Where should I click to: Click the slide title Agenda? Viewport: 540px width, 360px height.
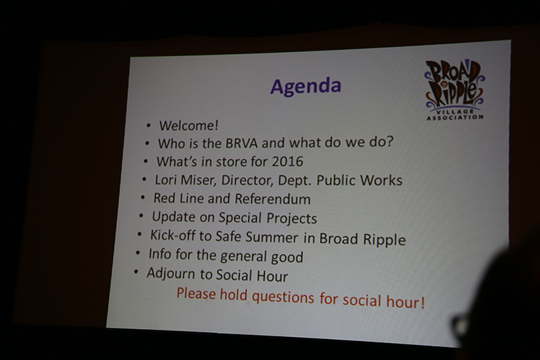tap(305, 87)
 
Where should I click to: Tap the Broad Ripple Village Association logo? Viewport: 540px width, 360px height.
tap(454, 90)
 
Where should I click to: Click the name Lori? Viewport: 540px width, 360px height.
tap(168, 180)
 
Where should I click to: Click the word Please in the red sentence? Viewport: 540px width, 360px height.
tap(197, 294)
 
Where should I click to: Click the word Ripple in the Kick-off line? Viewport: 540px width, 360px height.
tap(383, 239)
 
